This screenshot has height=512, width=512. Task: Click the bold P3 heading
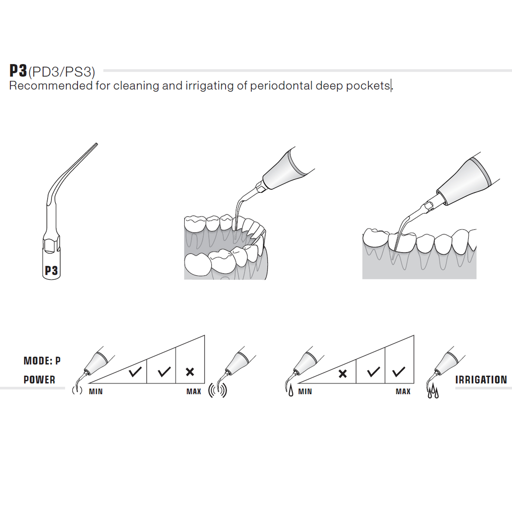18,71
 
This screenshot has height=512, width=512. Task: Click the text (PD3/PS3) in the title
61,72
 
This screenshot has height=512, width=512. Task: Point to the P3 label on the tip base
51,271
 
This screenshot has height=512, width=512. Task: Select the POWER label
39,380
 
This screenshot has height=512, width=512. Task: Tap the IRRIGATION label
481,380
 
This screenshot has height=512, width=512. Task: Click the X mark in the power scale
190,372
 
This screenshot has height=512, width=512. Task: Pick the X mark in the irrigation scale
342,374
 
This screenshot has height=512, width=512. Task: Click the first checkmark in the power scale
135,372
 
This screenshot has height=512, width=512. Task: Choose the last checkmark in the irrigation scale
399,372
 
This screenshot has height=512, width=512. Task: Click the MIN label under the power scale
96,391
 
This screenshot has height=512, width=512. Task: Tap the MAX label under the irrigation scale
403,391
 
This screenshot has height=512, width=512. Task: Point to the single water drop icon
291,392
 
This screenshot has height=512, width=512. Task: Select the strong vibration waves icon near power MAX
218,391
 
